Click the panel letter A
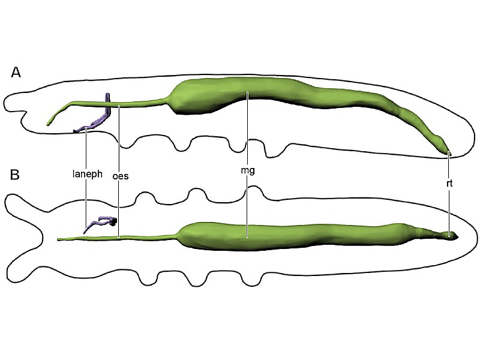(16, 73)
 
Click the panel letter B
(15, 175)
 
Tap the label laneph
(87, 174)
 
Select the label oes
(121, 176)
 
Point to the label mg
(248, 170)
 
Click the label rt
(449, 183)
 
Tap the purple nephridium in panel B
(100, 224)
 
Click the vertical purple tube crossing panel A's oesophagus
(107, 104)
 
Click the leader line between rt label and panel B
(449, 212)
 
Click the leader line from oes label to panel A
(118, 139)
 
